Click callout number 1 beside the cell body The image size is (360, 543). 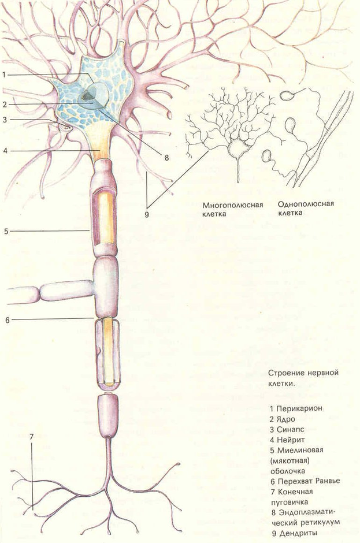[3, 75]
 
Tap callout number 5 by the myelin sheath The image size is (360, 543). [5, 231]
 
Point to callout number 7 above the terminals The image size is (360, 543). [32, 437]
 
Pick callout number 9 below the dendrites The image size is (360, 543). [148, 214]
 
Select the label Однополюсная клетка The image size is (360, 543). [306, 207]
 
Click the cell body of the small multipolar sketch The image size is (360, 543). [237, 149]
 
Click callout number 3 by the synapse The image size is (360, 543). [4, 120]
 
